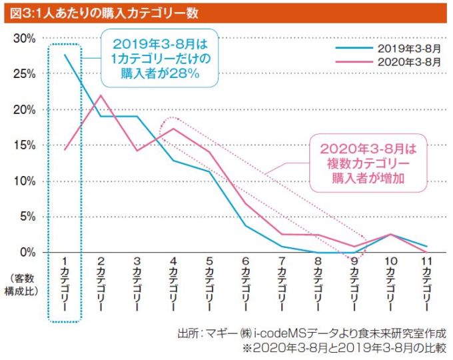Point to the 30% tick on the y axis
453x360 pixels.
(x=25, y=39)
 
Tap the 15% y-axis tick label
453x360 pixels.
(x=25, y=145)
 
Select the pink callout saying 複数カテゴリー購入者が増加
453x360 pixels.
(x=368, y=163)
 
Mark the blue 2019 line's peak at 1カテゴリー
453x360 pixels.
(x=65, y=55)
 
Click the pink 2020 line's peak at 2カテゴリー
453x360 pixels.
(x=101, y=95)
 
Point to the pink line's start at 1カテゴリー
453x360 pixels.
(x=65, y=149)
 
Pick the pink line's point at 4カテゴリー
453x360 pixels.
(x=173, y=129)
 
